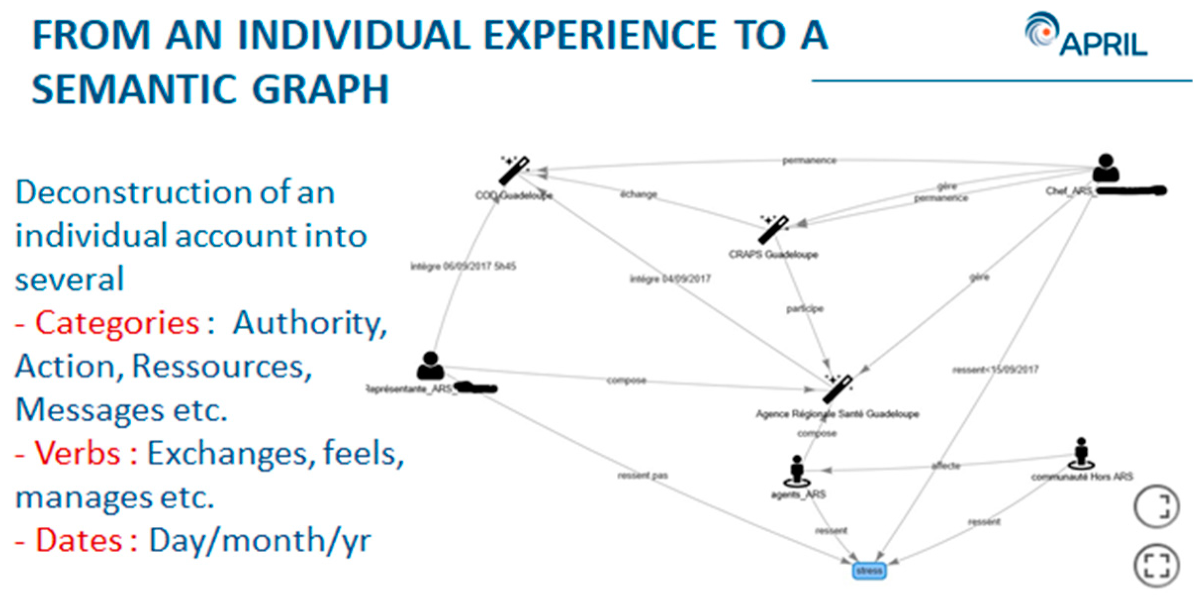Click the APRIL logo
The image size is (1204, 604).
point(1086,35)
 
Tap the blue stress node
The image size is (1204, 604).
point(869,570)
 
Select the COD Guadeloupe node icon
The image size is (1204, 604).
point(514,170)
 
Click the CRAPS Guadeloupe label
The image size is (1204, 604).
point(773,254)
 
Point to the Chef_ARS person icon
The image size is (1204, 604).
point(1106,168)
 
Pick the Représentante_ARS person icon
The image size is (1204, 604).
point(430,366)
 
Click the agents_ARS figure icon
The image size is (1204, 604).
point(796,470)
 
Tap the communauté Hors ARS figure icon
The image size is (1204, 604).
point(1081,453)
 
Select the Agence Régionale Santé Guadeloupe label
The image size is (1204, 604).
point(837,414)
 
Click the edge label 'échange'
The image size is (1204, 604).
point(639,194)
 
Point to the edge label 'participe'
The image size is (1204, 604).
point(805,309)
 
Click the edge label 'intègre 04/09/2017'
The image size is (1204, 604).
point(670,279)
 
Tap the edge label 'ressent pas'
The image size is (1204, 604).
point(643,476)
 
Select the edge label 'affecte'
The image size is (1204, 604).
point(946,466)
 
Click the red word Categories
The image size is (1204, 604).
point(117,323)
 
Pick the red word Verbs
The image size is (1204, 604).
point(78,453)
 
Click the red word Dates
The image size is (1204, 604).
point(79,540)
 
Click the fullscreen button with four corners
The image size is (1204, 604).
point(1157,565)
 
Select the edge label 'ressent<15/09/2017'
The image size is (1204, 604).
point(996,369)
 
